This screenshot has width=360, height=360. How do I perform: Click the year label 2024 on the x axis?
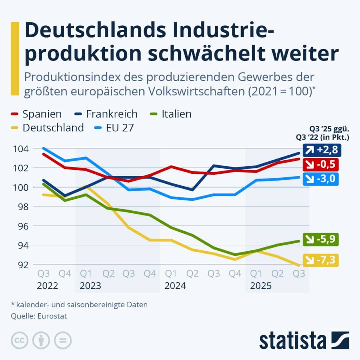pos(175,286)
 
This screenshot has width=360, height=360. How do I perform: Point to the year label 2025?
pos(261,286)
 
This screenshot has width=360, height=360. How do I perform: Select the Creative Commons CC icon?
pos(20,341)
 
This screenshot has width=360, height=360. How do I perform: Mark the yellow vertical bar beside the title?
pos(15,58)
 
